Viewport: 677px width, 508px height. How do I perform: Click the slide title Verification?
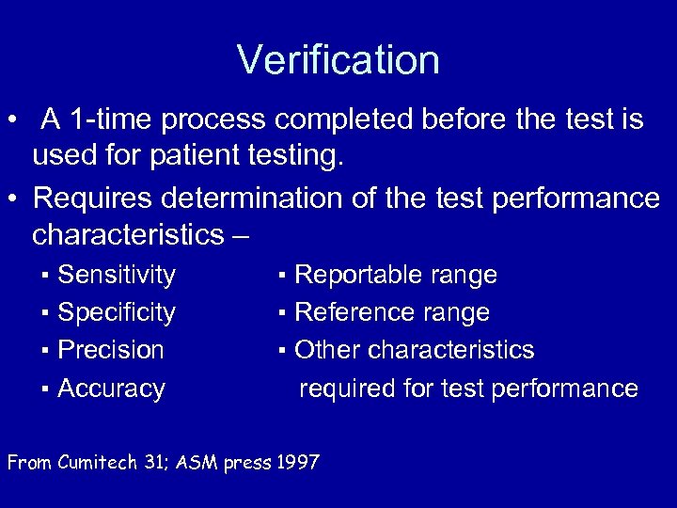coord(338,60)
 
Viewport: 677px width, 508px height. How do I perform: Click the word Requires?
coord(93,198)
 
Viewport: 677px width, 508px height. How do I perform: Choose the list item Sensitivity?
coord(117,275)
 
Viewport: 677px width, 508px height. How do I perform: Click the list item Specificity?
coord(117,312)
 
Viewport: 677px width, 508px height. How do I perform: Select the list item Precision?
coord(111,350)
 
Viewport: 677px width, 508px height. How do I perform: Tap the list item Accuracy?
coord(111,388)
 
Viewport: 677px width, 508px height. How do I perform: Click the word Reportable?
coord(351,275)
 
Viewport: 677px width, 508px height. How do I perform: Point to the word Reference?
coord(350,312)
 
